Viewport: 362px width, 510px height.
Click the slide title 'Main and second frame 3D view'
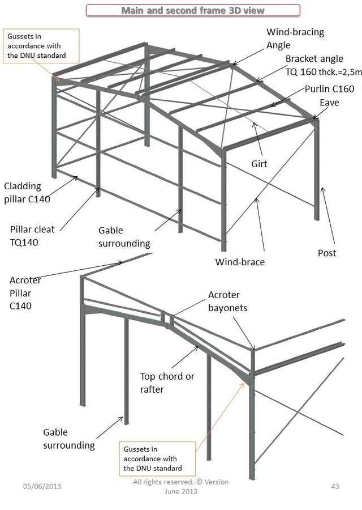point(193,10)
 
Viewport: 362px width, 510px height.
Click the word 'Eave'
point(329,103)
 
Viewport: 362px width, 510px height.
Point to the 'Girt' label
point(259,164)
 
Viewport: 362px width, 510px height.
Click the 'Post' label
point(326,253)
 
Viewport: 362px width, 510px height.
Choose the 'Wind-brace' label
point(240,262)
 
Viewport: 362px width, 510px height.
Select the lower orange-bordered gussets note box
point(157,458)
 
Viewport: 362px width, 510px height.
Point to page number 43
point(334,486)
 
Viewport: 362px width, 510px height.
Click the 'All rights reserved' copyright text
point(180,486)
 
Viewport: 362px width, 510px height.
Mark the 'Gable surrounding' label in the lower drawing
point(68,439)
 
